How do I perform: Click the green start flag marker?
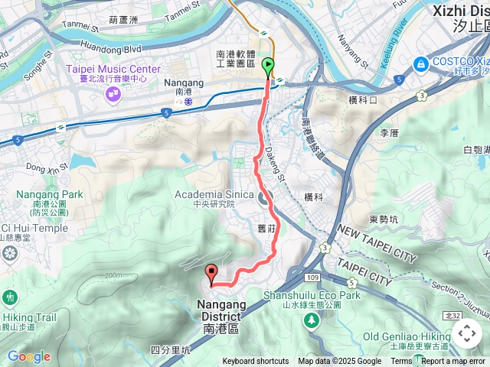click(x=268, y=67)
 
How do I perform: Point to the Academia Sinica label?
click(x=214, y=194)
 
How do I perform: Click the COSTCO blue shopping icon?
click(x=420, y=63)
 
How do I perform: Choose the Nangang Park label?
click(x=43, y=194)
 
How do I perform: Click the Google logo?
click(x=28, y=356)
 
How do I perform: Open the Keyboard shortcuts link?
click(x=256, y=362)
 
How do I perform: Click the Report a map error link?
click(x=455, y=362)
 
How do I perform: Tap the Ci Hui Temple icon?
click(x=10, y=252)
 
